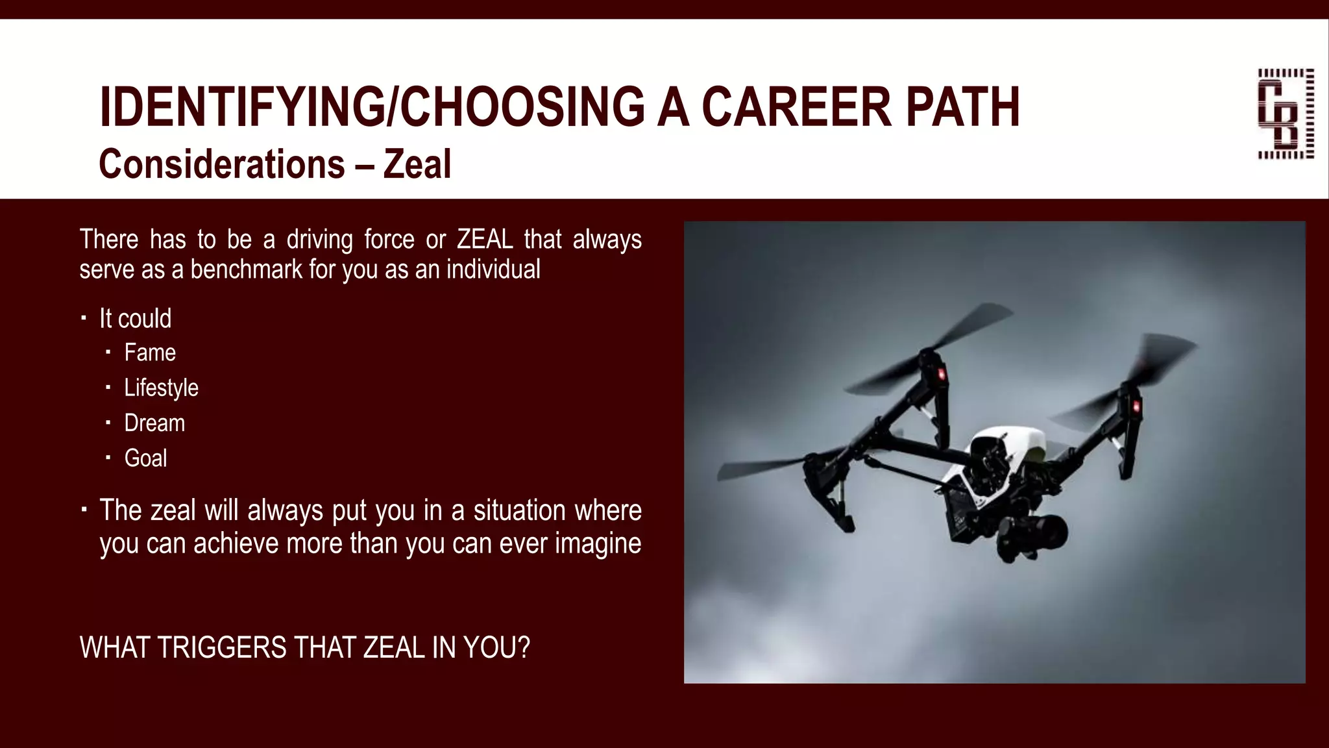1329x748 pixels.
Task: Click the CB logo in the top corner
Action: tap(1286, 114)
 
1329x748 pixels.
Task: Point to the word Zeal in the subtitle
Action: tap(417, 164)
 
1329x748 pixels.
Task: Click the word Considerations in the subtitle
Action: tap(221, 164)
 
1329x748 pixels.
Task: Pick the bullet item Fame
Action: tap(150, 353)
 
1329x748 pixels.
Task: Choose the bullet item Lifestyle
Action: tap(161, 388)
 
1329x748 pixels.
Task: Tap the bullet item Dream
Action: tap(154, 423)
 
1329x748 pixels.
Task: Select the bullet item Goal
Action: tap(145, 458)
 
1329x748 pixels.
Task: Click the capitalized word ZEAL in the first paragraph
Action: tap(485, 240)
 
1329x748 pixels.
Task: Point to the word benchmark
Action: tap(246, 269)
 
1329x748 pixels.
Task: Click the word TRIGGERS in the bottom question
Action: tap(221, 648)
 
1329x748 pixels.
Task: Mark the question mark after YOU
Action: tap(524, 648)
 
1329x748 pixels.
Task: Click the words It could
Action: tap(135, 319)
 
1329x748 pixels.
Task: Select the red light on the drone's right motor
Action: tap(1137, 406)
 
